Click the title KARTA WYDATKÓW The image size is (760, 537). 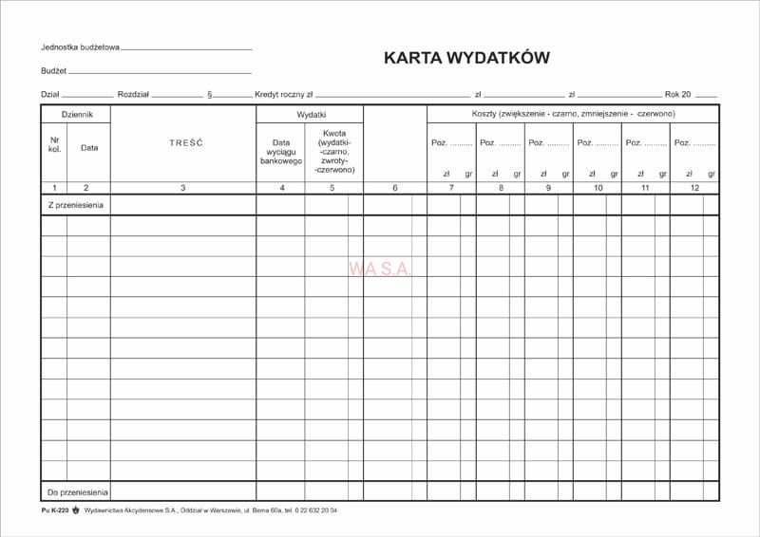tap(465, 58)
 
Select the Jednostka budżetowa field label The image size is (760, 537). tap(80, 47)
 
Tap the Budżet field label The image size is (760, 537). tap(54, 71)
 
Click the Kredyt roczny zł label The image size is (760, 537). tap(283, 94)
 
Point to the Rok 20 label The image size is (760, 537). tap(678, 94)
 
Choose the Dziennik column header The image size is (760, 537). tap(76, 114)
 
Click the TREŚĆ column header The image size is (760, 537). tap(183, 143)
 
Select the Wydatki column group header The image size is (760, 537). tap(310, 114)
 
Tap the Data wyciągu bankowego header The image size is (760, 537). tap(280, 152)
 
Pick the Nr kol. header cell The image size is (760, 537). tap(54, 146)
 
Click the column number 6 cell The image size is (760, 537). tap(395, 188)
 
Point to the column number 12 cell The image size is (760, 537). tap(694, 188)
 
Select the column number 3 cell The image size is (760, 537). tap(183, 188)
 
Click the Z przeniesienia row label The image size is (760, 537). tap(75, 205)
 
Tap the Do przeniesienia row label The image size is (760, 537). tap(77, 491)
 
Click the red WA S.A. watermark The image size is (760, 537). tap(380, 269)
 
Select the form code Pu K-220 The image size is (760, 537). tap(55, 510)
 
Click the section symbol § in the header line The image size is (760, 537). tap(209, 94)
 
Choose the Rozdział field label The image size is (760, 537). tap(134, 94)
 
